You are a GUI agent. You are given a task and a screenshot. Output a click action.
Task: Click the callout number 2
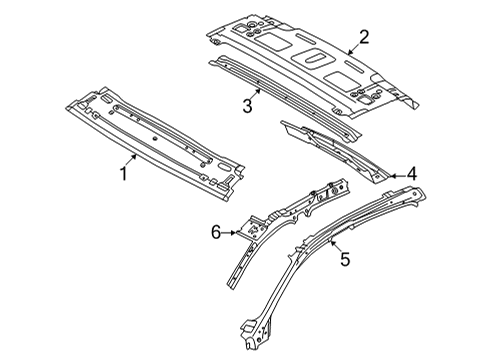(365, 37)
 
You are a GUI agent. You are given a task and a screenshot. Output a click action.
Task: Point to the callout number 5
(345, 259)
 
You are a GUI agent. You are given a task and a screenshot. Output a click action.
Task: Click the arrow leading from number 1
(131, 159)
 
